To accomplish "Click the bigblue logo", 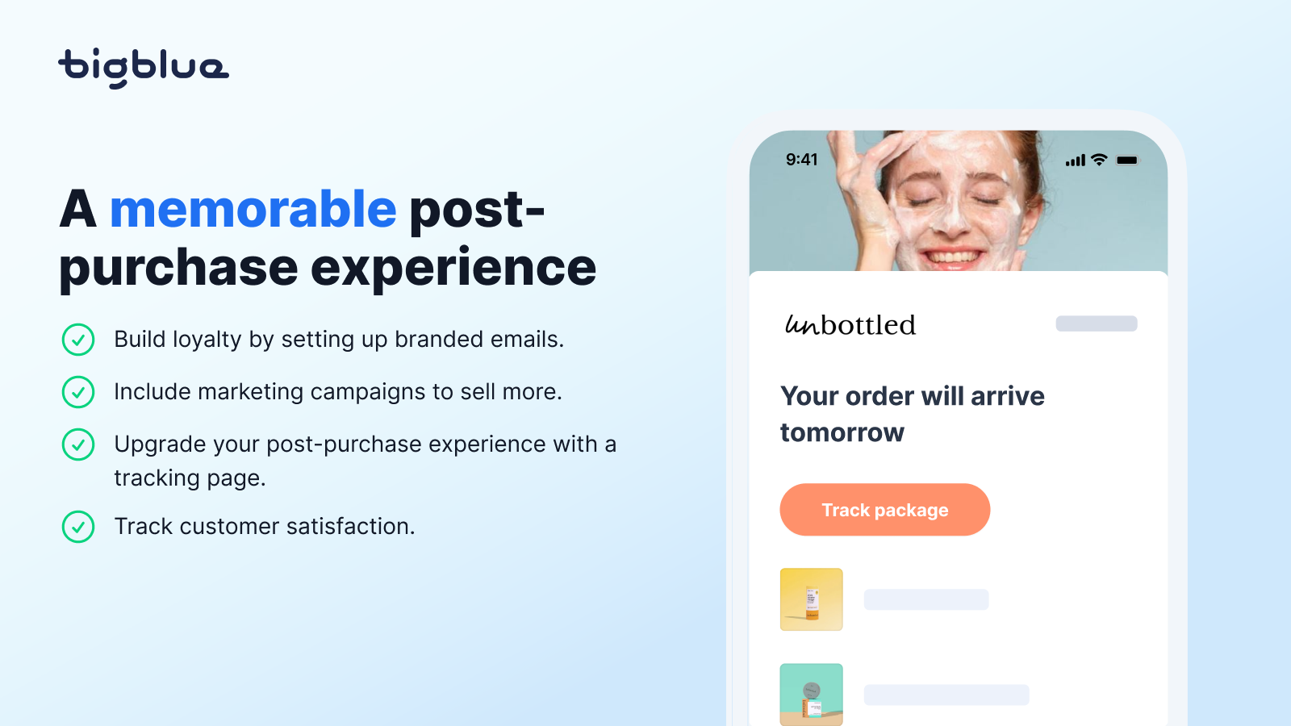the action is point(144,69).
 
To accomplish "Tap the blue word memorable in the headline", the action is point(253,209).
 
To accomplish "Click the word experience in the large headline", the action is point(453,267).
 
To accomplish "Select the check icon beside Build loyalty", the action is point(78,340).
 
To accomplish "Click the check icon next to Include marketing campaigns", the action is point(78,392).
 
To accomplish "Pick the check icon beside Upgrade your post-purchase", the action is point(78,444).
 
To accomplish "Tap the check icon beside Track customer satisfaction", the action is point(78,527).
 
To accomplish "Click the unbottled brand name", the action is point(850,324).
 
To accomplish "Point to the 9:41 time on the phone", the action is point(802,160).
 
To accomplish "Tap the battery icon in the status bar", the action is point(1127,161).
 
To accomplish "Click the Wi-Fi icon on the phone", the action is point(1100,160).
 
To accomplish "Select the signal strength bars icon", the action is point(1076,161).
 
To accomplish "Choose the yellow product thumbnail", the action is point(812,599).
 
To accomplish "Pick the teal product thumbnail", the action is point(812,695).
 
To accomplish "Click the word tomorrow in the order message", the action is point(842,432).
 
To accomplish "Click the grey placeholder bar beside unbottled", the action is point(1097,323).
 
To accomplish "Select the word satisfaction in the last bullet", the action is point(350,527).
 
